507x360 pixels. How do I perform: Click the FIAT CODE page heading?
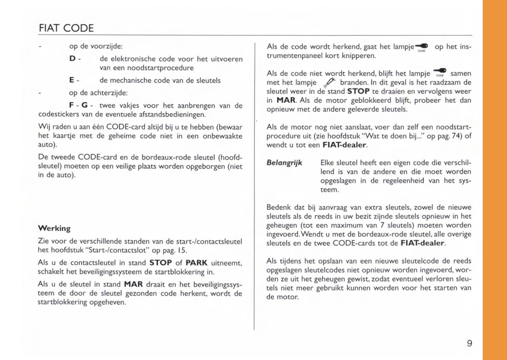(x=66, y=28)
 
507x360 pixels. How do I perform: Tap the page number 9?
(x=469, y=343)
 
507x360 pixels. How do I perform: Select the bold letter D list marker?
(x=72, y=58)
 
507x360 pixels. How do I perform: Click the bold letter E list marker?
(x=72, y=80)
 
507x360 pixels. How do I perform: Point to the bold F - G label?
(x=78, y=105)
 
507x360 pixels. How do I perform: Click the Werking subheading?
(x=54, y=228)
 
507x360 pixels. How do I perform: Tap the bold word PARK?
(x=196, y=263)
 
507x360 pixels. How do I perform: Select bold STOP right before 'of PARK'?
(x=160, y=263)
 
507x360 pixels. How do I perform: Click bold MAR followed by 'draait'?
(x=133, y=284)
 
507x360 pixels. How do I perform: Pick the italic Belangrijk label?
(x=284, y=163)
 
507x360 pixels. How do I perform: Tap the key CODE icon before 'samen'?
(x=440, y=73)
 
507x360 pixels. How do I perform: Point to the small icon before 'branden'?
(x=329, y=82)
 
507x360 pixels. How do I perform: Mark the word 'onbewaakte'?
(x=222, y=136)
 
